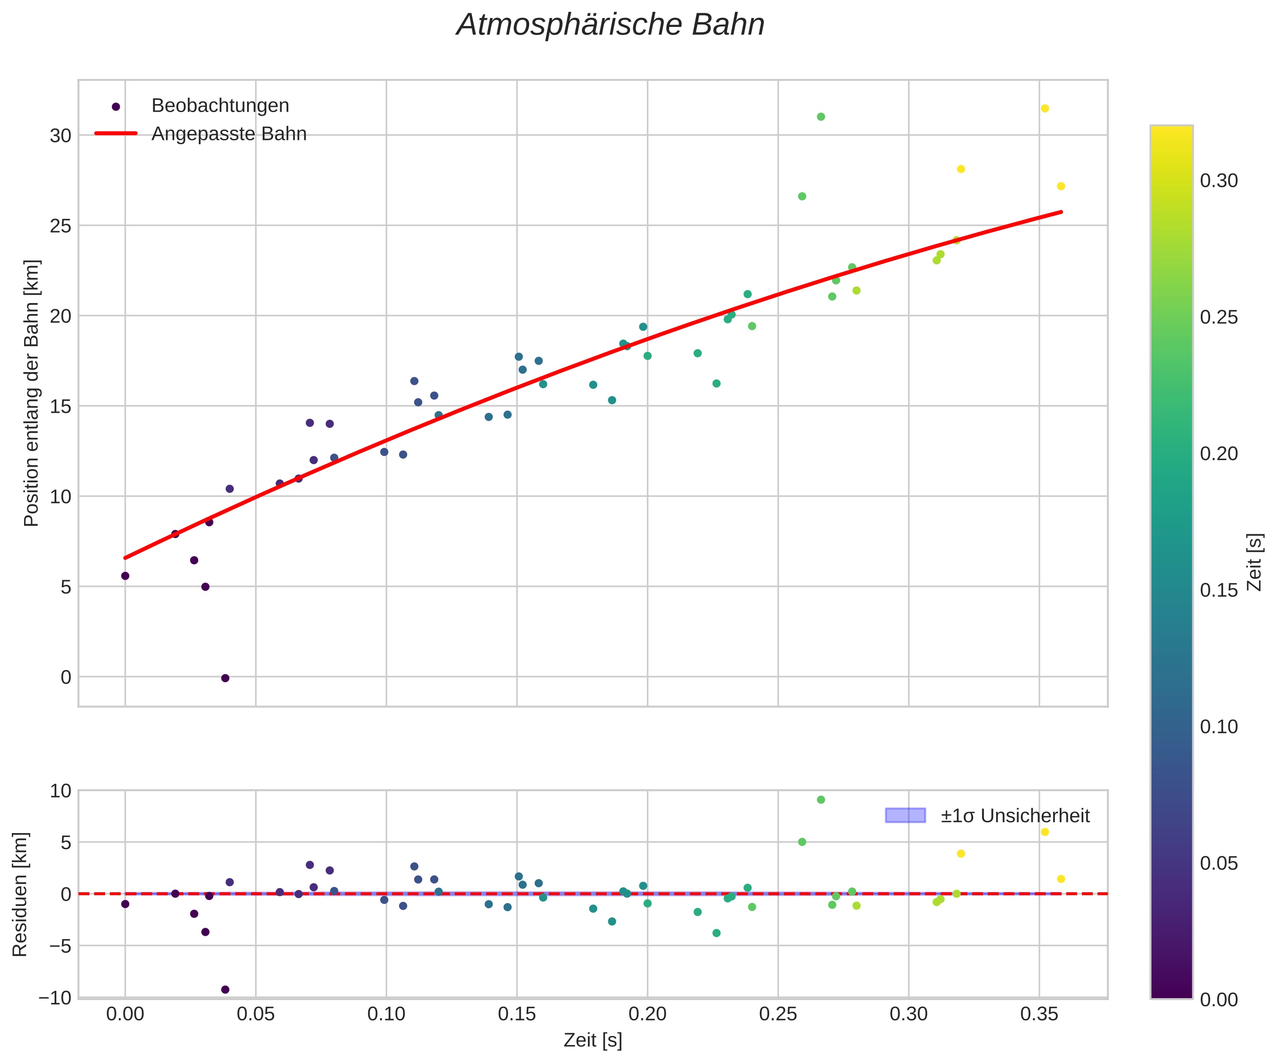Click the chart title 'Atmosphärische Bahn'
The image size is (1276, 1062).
click(x=610, y=25)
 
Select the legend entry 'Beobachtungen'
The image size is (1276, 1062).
click(x=220, y=105)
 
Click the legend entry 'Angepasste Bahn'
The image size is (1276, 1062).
click(x=229, y=134)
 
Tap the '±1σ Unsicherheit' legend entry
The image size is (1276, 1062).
click(x=1015, y=816)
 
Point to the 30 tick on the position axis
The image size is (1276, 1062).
click(x=60, y=135)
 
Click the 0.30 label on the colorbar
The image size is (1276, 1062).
click(x=1218, y=181)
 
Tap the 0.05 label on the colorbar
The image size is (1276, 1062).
click(x=1218, y=863)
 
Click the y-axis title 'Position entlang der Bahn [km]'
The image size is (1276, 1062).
click(x=32, y=393)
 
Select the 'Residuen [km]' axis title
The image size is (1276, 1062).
click(x=20, y=894)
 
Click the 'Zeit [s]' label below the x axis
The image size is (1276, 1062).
click(x=593, y=1040)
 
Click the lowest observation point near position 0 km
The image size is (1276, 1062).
click(x=225, y=678)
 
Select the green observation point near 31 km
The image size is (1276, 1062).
click(x=820, y=117)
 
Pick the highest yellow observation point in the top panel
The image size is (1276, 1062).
click(x=1045, y=109)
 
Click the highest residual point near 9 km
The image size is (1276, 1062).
click(x=820, y=800)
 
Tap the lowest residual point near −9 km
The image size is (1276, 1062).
click(x=225, y=990)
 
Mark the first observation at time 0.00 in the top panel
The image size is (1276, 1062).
click(x=125, y=575)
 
